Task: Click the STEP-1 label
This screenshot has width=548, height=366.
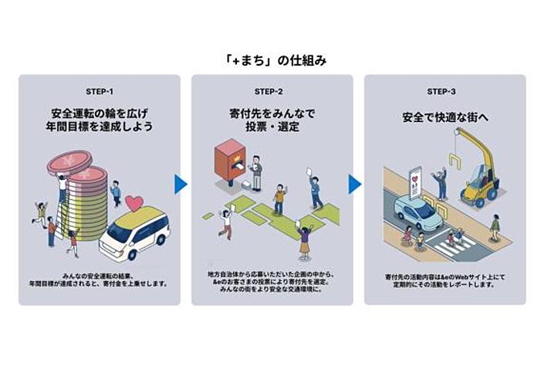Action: click(100, 91)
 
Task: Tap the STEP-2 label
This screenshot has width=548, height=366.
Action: click(272, 91)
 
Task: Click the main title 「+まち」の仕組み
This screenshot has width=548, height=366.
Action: click(273, 61)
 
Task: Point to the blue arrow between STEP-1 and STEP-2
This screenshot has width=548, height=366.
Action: click(181, 184)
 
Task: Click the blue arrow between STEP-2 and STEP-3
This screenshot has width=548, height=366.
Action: click(354, 184)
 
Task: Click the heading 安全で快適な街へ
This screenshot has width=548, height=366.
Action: click(445, 119)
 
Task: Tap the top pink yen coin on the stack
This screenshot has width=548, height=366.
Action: click(69, 164)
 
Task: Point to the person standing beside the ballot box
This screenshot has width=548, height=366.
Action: click(256, 171)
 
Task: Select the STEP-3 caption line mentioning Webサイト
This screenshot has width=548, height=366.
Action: click(445, 276)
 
